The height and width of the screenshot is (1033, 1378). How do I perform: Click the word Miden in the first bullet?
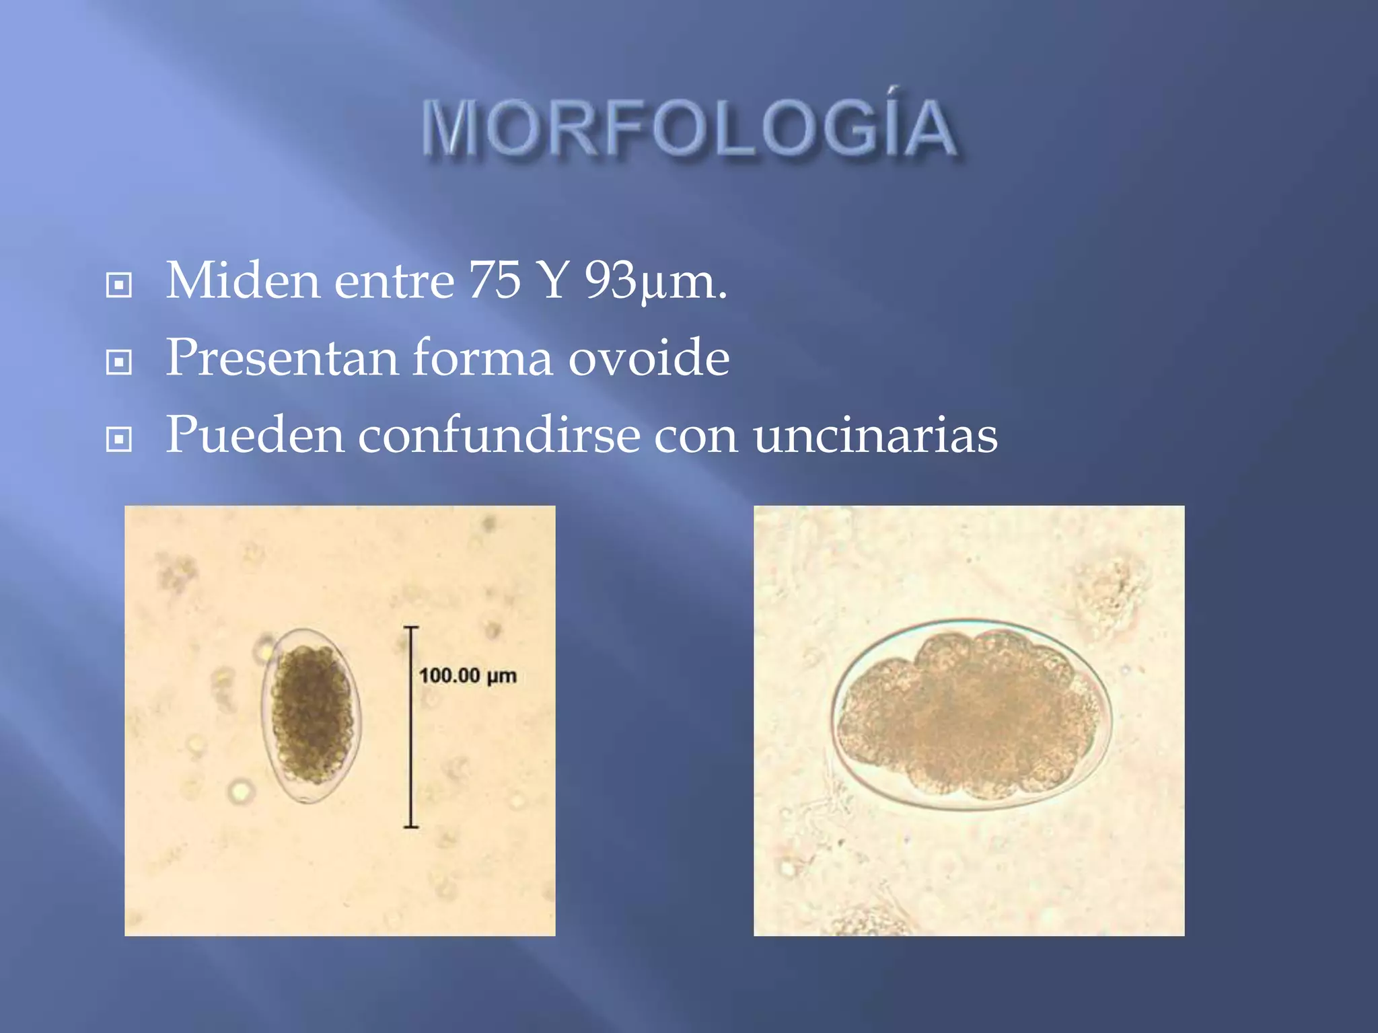click(x=242, y=280)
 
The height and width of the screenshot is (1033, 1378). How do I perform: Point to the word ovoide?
click(x=649, y=358)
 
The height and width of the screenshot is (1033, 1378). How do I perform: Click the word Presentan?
click(x=282, y=358)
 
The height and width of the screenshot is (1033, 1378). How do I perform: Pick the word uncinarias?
click(x=875, y=435)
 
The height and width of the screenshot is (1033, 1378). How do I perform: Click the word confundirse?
click(x=499, y=435)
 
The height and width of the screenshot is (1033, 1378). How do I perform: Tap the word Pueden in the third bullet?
click(x=254, y=435)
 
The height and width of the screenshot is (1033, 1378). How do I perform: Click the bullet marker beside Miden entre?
click(x=119, y=285)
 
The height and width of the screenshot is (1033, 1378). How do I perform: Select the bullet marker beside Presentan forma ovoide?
click(x=119, y=362)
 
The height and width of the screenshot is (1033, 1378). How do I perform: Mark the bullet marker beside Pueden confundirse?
click(x=119, y=440)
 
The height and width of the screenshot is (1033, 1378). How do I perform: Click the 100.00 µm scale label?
click(x=468, y=675)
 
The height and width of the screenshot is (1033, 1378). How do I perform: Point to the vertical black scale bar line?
click(x=411, y=726)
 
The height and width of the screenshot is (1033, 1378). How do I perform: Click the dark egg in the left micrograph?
click(x=312, y=715)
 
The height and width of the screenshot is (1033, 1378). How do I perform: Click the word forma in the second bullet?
click(x=482, y=358)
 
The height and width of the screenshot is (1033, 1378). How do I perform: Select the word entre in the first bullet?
click(x=394, y=280)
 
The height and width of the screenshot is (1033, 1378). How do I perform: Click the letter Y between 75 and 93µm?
click(x=553, y=280)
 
